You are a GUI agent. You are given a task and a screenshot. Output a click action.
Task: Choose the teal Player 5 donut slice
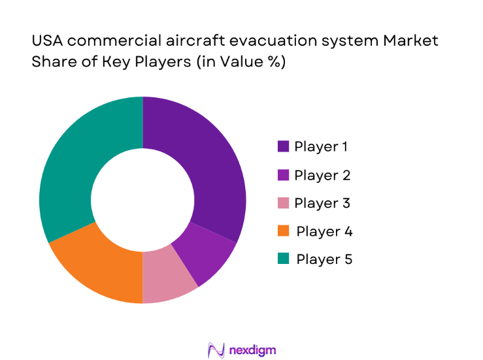click(x=78, y=163)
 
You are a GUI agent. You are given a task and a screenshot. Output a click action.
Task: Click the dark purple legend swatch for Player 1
click(x=283, y=146)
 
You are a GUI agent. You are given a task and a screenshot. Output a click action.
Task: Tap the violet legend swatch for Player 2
click(x=283, y=175)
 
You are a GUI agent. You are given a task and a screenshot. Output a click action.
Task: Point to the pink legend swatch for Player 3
click(x=283, y=203)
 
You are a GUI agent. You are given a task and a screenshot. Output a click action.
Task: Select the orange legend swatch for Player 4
click(x=283, y=231)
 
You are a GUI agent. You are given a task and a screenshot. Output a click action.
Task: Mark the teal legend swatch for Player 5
click(x=283, y=259)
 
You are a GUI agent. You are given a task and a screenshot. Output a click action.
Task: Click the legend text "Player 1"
click(x=321, y=146)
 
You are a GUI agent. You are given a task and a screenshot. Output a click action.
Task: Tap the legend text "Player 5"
click(x=324, y=259)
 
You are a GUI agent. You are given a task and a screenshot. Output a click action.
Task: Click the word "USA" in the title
click(x=48, y=41)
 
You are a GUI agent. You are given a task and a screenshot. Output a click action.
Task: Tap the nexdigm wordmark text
click(x=253, y=350)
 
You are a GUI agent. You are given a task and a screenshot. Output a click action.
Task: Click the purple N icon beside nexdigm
click(x=216, y=350)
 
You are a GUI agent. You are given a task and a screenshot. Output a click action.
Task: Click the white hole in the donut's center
click(x=142, y=200)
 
